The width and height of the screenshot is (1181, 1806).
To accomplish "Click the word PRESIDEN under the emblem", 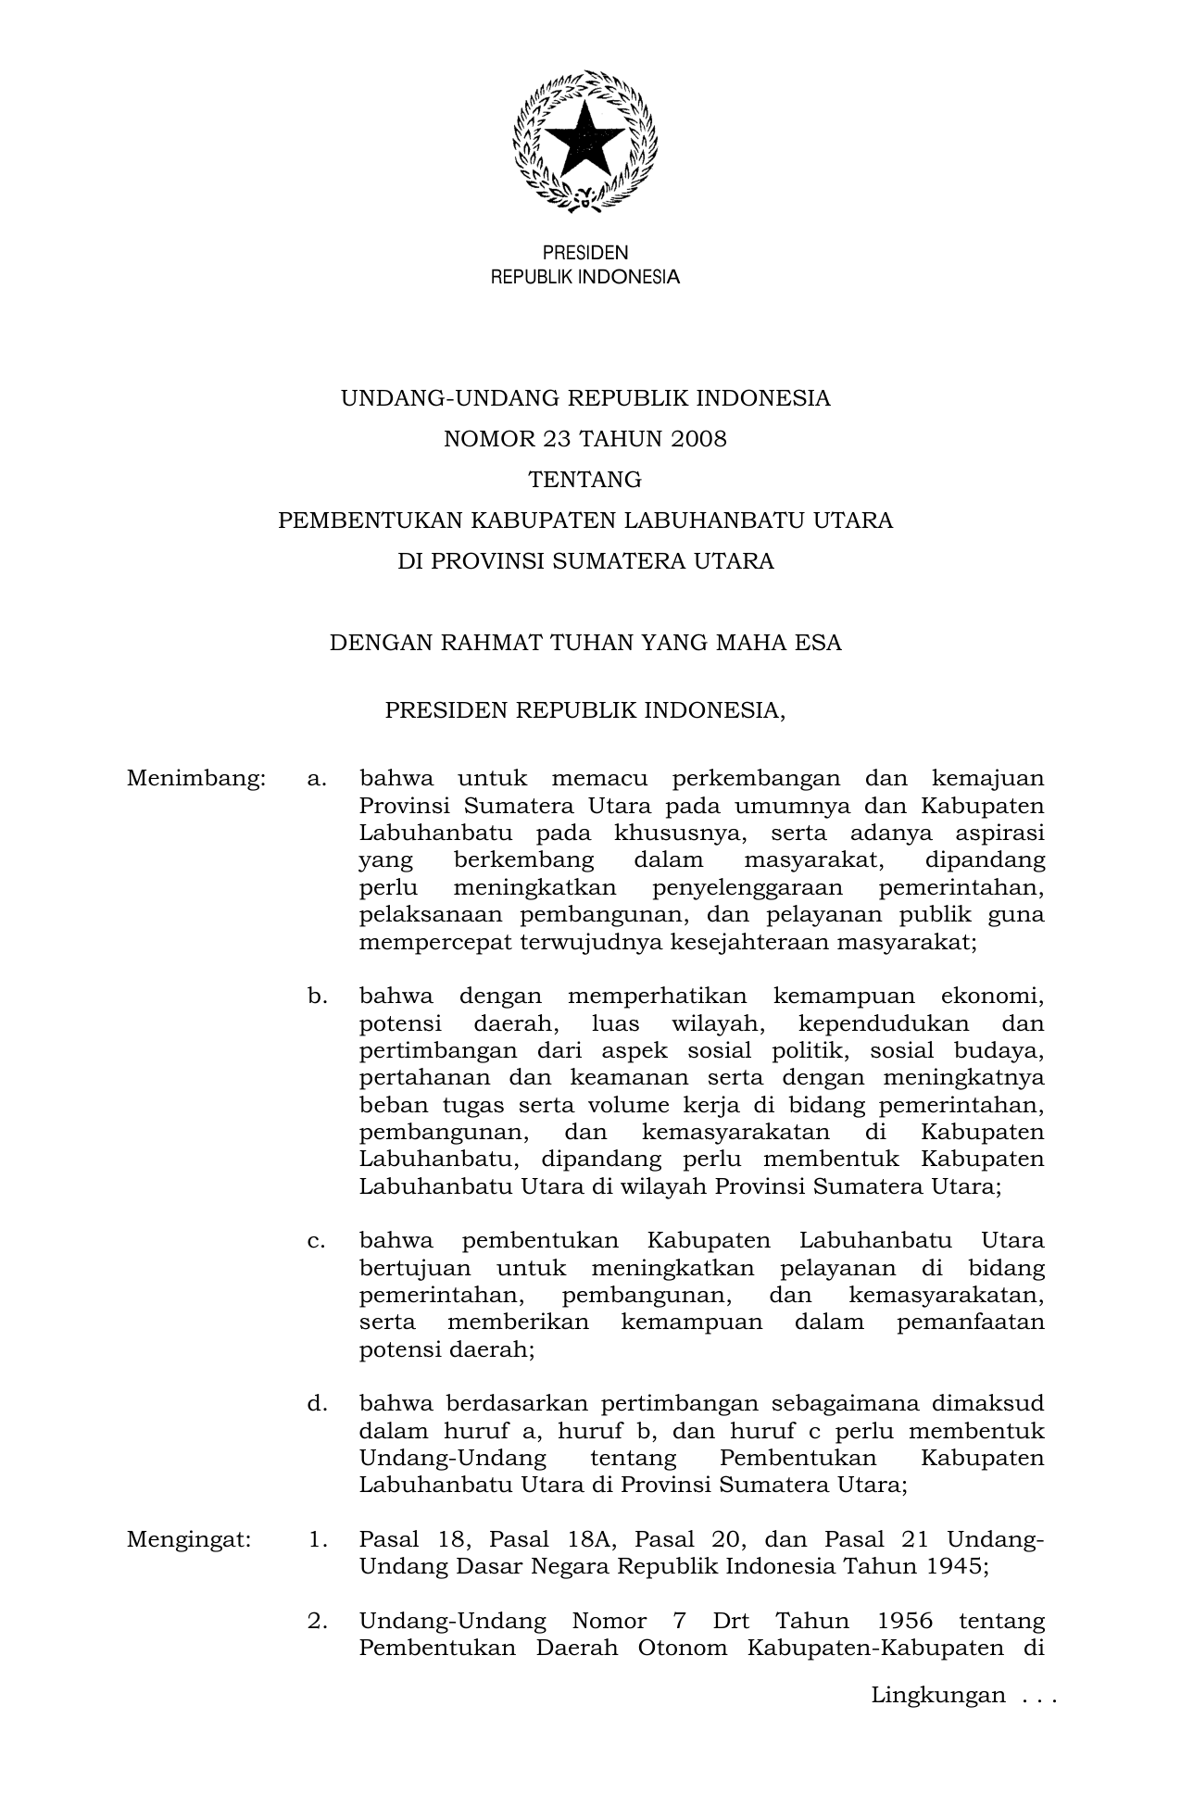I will pos(584,253).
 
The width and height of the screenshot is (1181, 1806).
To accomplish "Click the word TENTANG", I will pos(584,480).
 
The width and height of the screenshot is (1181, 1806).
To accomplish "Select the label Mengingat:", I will pos(189,1540).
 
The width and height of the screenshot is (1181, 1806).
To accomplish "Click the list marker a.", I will pos(317,779).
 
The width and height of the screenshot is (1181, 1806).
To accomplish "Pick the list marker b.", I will pos(318,997).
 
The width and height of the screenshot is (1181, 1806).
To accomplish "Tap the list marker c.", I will pos(317,1241).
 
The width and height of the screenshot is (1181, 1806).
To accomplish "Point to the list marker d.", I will pos(318,1404).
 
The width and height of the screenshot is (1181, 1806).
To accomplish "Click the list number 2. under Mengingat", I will pos(318,1622).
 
